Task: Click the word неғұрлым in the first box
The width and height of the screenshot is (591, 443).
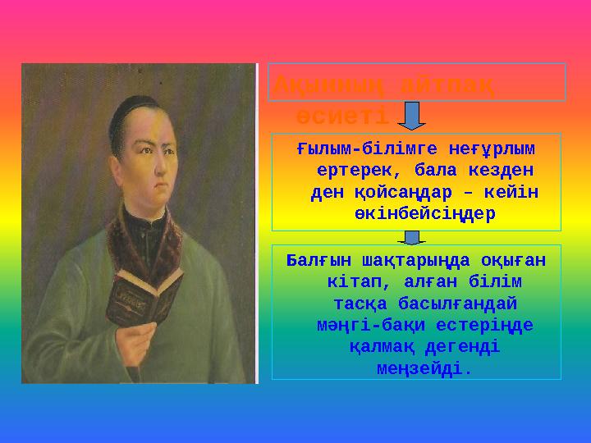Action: [x=491, y=150]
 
